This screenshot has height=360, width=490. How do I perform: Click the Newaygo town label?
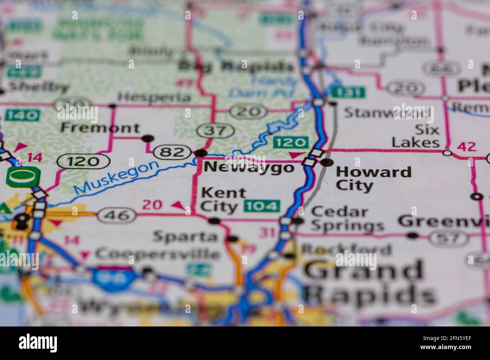(249, 168)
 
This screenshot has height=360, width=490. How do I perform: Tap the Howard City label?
(373, 178)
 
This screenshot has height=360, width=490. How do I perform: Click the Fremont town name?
(100, 128)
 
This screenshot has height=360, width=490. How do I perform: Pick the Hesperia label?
(154, 97)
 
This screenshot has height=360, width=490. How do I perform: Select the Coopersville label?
(158, 254)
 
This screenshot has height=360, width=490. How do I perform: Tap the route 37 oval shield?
(216, 131)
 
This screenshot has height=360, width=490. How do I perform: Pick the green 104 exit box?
(262, 206)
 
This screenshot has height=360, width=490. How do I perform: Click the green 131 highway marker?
(348, 92)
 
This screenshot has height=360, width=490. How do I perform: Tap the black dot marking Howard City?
(327, 162)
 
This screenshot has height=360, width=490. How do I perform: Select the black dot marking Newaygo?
(201, 153)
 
